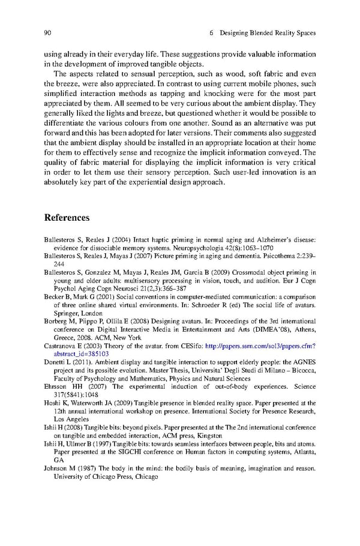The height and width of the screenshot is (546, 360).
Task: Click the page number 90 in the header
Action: pos(48,32)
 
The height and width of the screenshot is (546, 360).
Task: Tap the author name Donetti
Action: pos(55,362)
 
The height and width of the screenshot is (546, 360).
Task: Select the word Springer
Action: pos(66,313)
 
